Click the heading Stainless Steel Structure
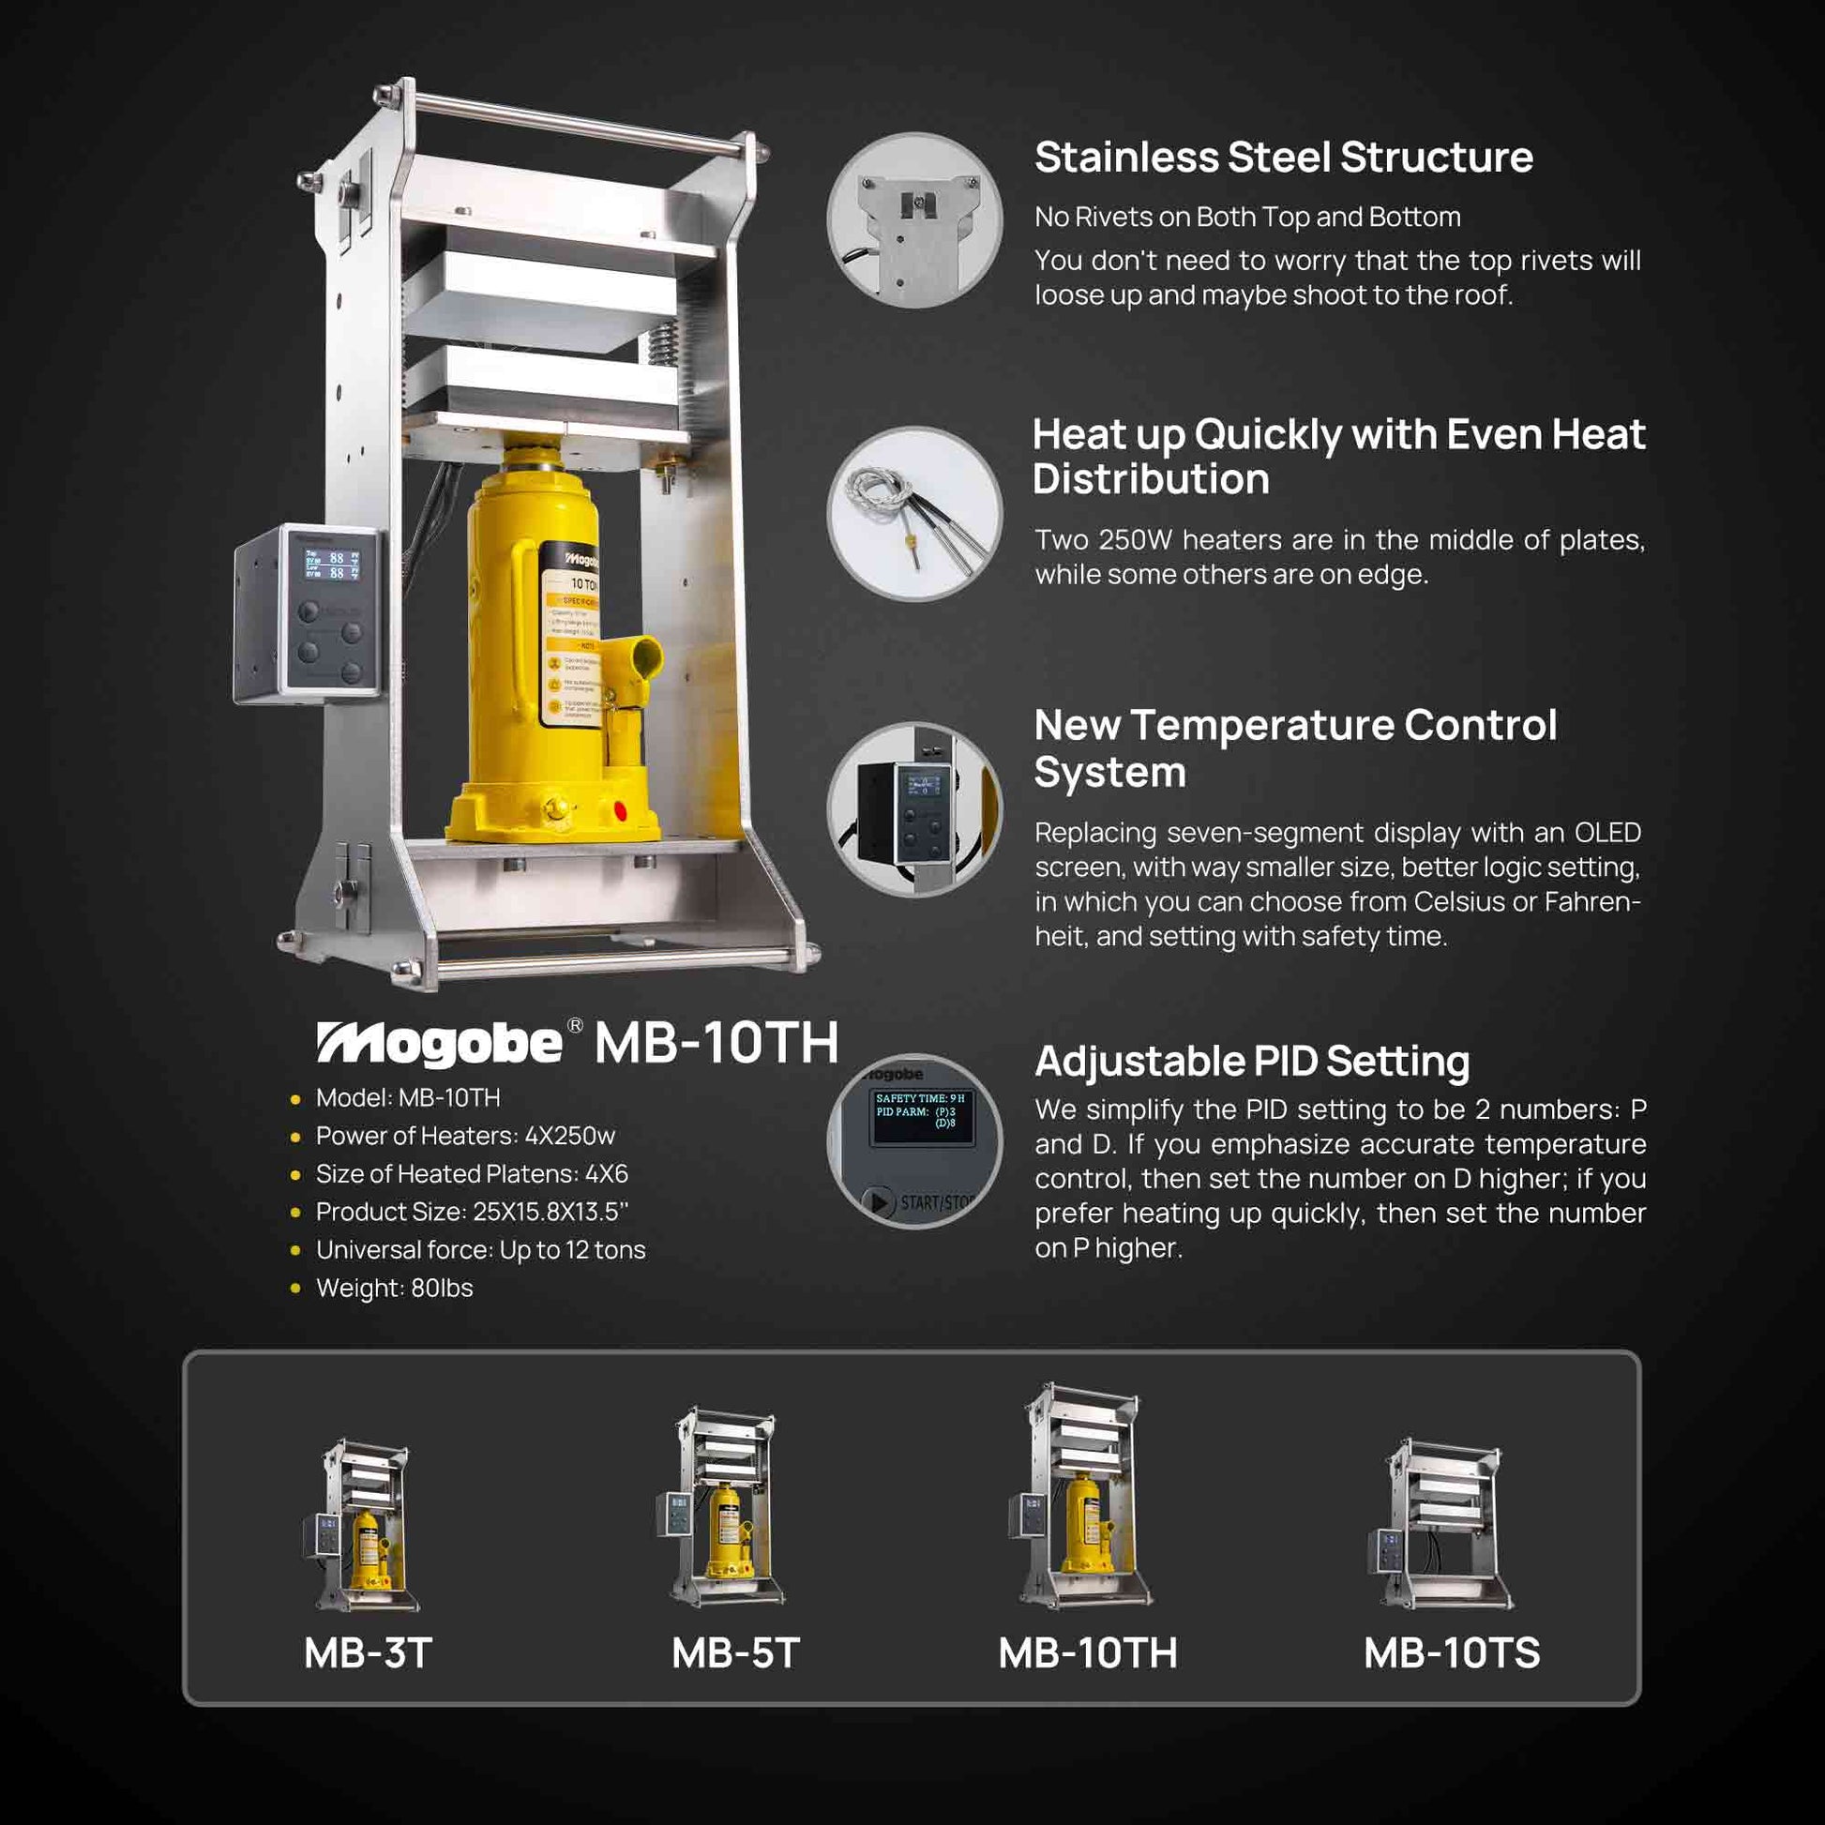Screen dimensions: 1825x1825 pos(1283,158)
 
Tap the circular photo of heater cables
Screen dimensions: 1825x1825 pos(913,514)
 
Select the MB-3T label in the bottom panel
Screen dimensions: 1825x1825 pos(368,1653)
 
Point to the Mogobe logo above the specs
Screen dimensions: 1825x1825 pos(440,1043)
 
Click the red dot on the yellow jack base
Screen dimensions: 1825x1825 pos(620,810)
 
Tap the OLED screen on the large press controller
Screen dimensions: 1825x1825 pos(332,565)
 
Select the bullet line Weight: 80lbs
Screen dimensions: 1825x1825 pos(394,1289)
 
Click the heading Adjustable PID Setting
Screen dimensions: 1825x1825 pos(1252,1061)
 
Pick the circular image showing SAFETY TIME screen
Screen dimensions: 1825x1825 pos(913,1140)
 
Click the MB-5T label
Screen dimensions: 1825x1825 pos(735,1653)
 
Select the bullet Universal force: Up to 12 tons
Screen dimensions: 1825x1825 pos(480,1250)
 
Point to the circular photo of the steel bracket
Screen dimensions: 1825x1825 pos(913,220)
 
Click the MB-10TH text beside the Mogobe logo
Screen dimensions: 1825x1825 pos(716,1043)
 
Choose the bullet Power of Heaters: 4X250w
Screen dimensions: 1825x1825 pos(465,1136)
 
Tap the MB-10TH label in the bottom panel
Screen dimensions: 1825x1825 pos(1087,1653)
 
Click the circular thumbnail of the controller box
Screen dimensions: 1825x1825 pos(913,809)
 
